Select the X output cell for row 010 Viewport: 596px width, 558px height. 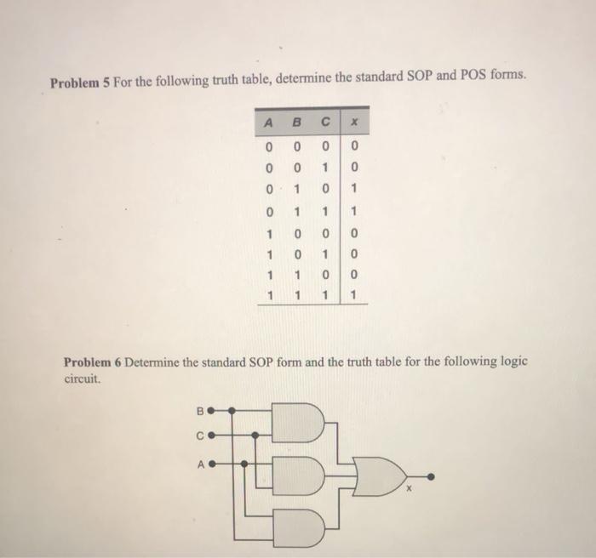point(353,188)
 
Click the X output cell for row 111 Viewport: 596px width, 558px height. point(353,297)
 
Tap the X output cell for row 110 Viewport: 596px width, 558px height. point(353,276)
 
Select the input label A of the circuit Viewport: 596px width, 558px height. point(201,464)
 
